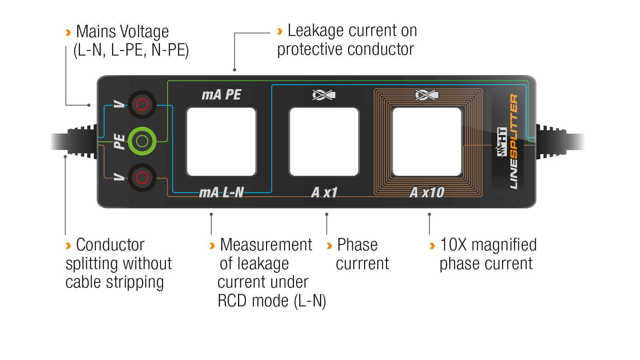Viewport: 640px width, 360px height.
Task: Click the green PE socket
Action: (x=142, y=141)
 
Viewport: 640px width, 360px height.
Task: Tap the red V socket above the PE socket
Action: (x=142, y=104)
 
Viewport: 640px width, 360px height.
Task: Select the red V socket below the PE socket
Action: (x=142, y=178)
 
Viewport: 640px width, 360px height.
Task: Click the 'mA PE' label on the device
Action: (x=222, y=95)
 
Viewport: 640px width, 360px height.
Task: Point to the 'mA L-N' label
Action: (x=222, y=192)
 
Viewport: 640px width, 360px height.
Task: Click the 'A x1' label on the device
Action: (x=324, y=192)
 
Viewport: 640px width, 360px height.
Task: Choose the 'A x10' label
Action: (x=427, y=192)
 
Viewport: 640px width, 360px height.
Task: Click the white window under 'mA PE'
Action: (x=221, y=142)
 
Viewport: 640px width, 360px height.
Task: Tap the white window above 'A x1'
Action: (x=324, y=142)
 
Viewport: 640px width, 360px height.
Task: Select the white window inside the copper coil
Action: (x=427, y=142)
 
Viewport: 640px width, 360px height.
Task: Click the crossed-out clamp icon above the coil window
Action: (x=426, y=95)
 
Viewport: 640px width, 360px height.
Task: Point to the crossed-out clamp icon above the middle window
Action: (x=324, y=95)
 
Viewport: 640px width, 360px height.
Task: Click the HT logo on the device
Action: (x=502, y=142)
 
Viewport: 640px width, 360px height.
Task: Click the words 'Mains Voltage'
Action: (x=122, y=32)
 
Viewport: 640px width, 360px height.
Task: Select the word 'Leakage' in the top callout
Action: (x=316, y=31)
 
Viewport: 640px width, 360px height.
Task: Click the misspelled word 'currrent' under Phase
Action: (x=362, y=264)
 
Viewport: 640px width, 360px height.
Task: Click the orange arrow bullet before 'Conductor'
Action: (x=68, y=246)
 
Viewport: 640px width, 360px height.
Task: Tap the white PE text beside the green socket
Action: (x=120, y=142)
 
